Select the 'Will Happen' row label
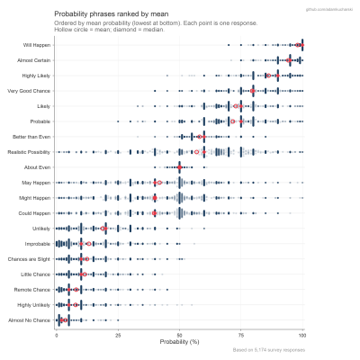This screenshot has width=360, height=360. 37,44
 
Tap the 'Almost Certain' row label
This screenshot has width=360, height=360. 34,59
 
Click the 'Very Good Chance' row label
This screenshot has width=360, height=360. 30,91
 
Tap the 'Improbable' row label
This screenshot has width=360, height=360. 38,244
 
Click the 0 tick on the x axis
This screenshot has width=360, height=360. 57,335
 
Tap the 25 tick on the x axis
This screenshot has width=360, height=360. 118,335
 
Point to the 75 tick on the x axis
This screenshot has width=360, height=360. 240,335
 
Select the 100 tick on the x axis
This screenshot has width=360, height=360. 301,335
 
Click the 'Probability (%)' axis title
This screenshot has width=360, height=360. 179,342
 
